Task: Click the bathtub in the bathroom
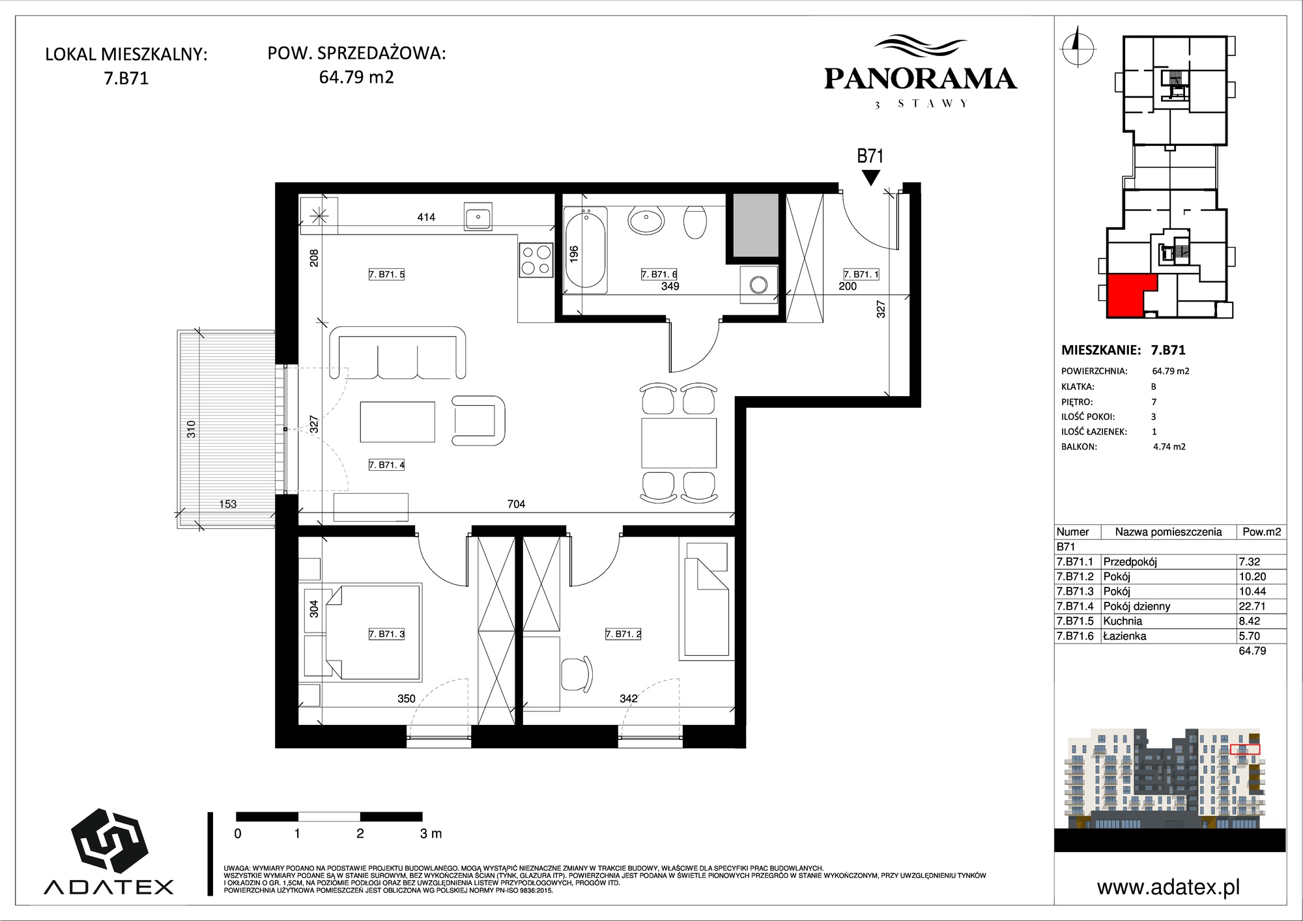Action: (586, 248)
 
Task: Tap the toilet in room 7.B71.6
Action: (695, 222)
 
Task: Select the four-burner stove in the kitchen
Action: (536, 259)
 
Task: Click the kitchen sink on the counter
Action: (478, 216)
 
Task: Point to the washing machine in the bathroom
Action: (758, 284)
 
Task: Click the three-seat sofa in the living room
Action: (398, 353)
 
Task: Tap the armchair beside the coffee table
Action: (479, 420)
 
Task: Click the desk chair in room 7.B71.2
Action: (577, 675)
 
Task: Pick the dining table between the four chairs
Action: (679, 444)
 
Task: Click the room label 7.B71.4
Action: (387, 464)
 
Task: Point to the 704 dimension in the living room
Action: (516, 503)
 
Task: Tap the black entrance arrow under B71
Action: (870, 177)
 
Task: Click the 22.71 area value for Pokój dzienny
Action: (1252, 606)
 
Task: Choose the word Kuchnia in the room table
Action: (1123, 621)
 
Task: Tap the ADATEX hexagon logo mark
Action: (109, 841)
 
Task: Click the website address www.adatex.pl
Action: (1168, 887)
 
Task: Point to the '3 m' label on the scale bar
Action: (431, 833)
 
